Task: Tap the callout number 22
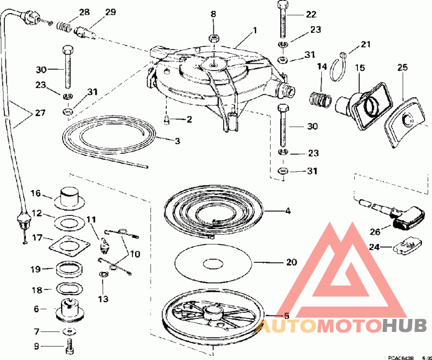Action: [311, 15]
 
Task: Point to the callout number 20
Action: [291, 263]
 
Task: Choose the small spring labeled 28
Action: [65, 26]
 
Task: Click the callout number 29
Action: [110, 12]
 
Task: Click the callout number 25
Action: [401, 67]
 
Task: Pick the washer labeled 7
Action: [69, 330]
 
